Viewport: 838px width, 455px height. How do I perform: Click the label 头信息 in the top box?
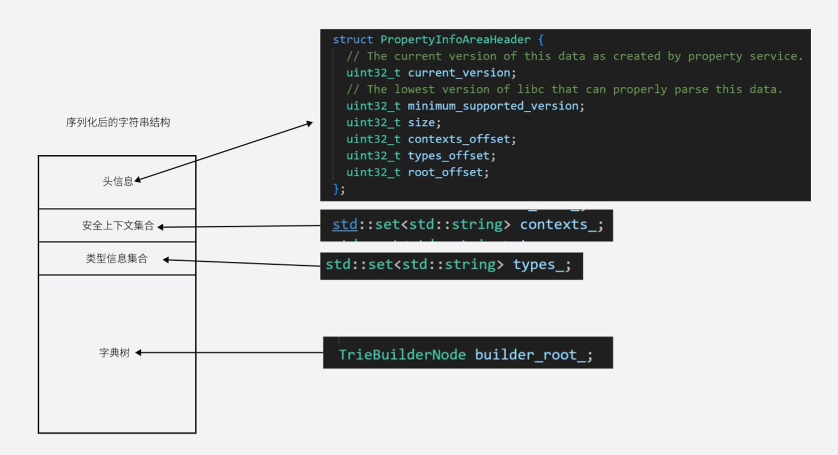(x=118, y=181)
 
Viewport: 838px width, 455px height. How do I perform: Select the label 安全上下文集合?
(x=118, y=226)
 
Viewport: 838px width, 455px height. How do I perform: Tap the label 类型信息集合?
(x=117, y=259)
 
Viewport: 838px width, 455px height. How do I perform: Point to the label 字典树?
(x=114, y=353)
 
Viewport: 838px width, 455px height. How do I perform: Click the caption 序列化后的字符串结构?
(x=118, y=122)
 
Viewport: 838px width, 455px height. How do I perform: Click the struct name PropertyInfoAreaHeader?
(x=455, y=40)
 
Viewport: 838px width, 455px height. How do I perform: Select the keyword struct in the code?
(x=353, y=40)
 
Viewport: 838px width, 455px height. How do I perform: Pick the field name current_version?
(x=459, y=73)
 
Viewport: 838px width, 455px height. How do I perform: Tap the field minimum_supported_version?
(x=493, y=106)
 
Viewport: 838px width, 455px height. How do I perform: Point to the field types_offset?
(x=448, y=155)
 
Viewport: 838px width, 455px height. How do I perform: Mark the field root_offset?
(x=448, y=172)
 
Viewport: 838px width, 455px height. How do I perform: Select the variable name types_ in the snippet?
(x=538, y=265)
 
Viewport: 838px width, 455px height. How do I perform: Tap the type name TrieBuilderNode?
(x=402, y=354)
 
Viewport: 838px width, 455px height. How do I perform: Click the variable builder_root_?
(x=530, y=354)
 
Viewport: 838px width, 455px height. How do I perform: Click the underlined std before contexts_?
(x=344, y=225)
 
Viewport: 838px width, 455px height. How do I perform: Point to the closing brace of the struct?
(x=336, y=189)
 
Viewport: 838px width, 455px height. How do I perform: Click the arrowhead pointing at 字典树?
(x=139, y=353)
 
